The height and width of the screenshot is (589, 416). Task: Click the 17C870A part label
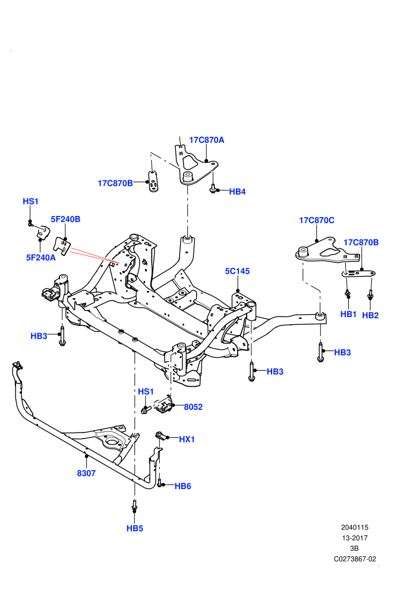point(206,140)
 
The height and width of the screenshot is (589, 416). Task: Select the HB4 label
point(237,192)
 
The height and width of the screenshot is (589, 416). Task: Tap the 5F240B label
point(65,219)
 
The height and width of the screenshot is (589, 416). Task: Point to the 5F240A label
point(41,257)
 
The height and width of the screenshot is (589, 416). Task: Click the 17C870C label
point(317,220)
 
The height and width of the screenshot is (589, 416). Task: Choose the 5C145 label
point(237,271)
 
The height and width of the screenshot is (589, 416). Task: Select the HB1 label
point(348,314)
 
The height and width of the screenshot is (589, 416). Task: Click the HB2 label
point(370,315)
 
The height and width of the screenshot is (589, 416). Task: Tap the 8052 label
point(193,407)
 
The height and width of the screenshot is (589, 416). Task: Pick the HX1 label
point(187,439)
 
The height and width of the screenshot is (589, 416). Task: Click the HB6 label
point(182,486)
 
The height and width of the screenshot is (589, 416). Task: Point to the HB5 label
point(135,528)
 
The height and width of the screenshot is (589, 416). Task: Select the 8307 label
point(86,474)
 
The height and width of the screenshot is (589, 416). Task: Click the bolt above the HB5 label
point(134,505)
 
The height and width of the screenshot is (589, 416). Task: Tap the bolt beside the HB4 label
point(213,188)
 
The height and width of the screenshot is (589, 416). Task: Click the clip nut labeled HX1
point(160,436)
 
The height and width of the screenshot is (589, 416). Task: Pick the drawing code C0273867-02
point(355,559)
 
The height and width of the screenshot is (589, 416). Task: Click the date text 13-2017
point(355,538)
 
